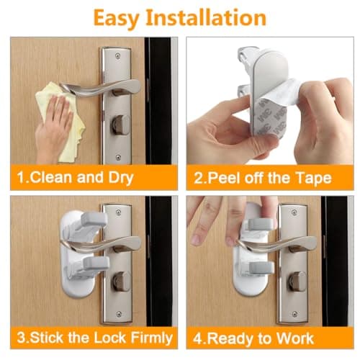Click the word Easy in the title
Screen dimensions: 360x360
[119, 17]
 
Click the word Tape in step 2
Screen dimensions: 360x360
[315, 177]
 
